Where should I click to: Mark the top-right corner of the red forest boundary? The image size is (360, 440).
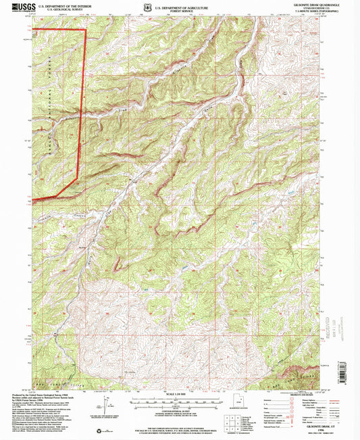coord(86,30)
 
